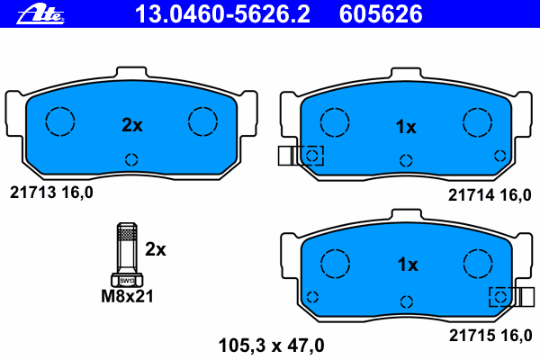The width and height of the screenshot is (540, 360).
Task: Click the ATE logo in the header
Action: click(x=40, y=14)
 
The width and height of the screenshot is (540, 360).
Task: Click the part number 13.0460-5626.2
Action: click(x=222, y=14)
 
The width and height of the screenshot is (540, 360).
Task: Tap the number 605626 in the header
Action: click(x=381, y=14)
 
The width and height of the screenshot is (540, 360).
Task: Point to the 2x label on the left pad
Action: click(x=132, y=125)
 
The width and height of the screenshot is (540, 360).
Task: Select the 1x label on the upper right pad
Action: click(x=406, y=127)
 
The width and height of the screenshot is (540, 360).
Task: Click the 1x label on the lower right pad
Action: click(x=408, y=265)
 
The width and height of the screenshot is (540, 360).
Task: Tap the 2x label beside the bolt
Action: click(x=156, y=249)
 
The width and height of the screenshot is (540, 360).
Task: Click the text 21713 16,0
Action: click(x=51, y=193)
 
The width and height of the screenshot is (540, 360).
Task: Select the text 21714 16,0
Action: click(x=490, y=195)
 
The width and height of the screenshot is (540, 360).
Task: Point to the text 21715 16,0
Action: click(x=490, y=335)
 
